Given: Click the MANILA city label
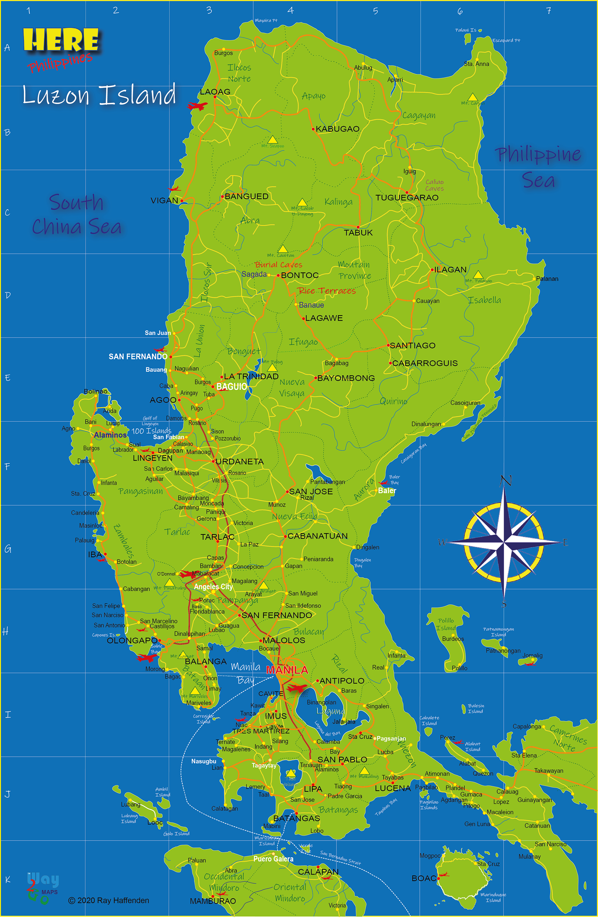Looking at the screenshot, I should point(287,670).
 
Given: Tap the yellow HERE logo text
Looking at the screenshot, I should point(61,40).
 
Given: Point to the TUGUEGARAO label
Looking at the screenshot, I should point(407,197).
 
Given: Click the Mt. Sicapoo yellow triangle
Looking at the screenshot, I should point(273,140).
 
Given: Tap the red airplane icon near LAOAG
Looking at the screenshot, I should point(197,106).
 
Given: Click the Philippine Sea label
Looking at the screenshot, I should point(538,167).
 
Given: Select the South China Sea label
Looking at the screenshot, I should point(77,215).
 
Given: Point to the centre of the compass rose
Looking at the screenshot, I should point(504,542).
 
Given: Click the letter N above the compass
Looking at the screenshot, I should point(505,481).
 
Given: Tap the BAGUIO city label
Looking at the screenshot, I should point(232,386).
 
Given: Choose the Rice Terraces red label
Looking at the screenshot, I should point(326,291).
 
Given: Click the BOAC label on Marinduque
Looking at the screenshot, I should point(424,878).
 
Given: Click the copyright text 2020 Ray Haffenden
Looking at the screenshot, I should point(109,900).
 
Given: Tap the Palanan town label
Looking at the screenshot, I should point(547,279).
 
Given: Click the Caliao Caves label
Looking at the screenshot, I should point(434,185).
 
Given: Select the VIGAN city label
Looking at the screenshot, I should point(164,201).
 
